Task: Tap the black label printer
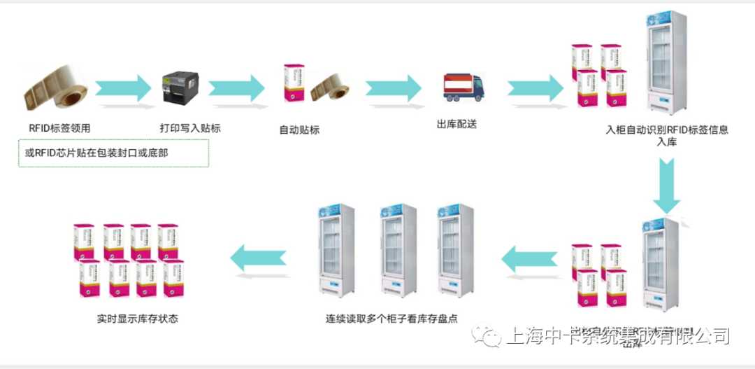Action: (181, 90)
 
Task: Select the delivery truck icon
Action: (462, 88)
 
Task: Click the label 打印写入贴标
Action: (190, 128)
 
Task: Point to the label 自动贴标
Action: (299, 130)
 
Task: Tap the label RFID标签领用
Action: (59, 128)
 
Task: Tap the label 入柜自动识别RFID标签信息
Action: (667, 130)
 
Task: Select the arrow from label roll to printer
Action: (122, 88)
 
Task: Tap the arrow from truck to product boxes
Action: (535, 88)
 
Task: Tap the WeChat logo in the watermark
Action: (487, 336)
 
